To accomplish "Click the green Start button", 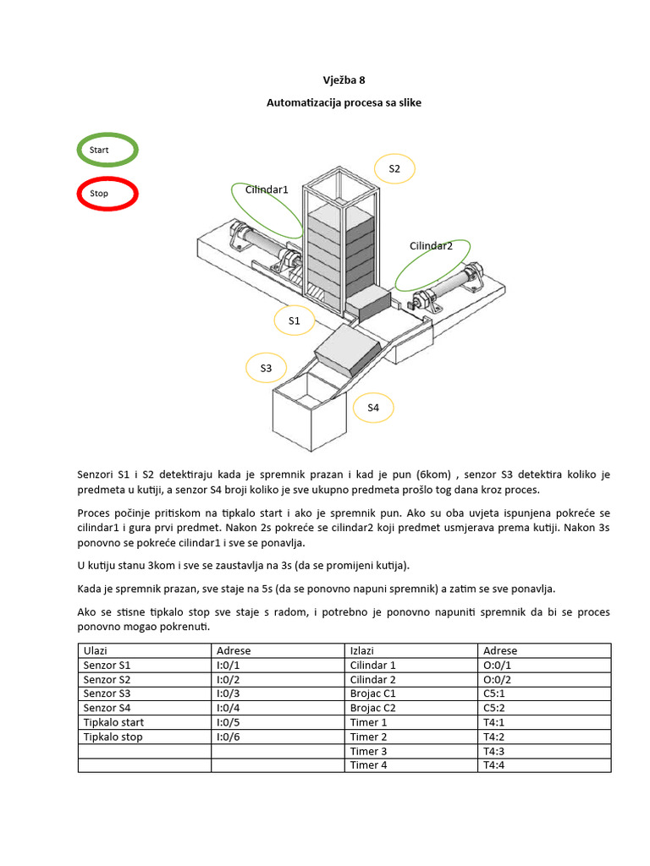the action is click(107, 150).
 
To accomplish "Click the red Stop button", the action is click(107, 194).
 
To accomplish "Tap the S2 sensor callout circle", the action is click(394, 170).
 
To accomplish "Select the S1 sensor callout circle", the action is click(295, 321).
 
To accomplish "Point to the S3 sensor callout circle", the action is click(266, 369).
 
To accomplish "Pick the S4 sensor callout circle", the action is click(373, 408).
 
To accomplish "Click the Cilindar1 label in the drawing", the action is click(267, 190).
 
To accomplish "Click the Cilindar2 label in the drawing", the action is click(431, 246).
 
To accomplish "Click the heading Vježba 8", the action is click(344, 81).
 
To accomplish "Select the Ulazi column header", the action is click(144, 651).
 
